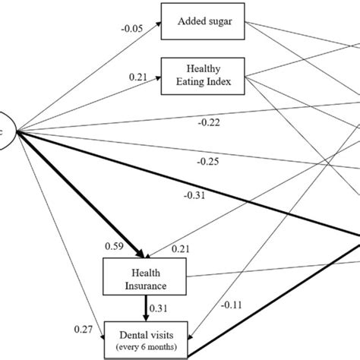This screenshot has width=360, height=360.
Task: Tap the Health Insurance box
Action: (144, 279)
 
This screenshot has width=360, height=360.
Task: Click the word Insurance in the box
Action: (144, 286)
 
